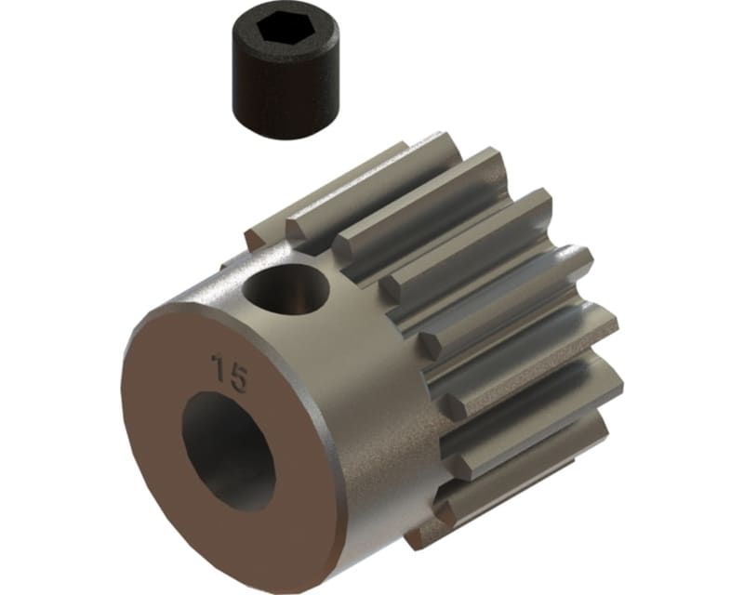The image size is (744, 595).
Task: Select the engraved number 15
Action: (229, 371)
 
